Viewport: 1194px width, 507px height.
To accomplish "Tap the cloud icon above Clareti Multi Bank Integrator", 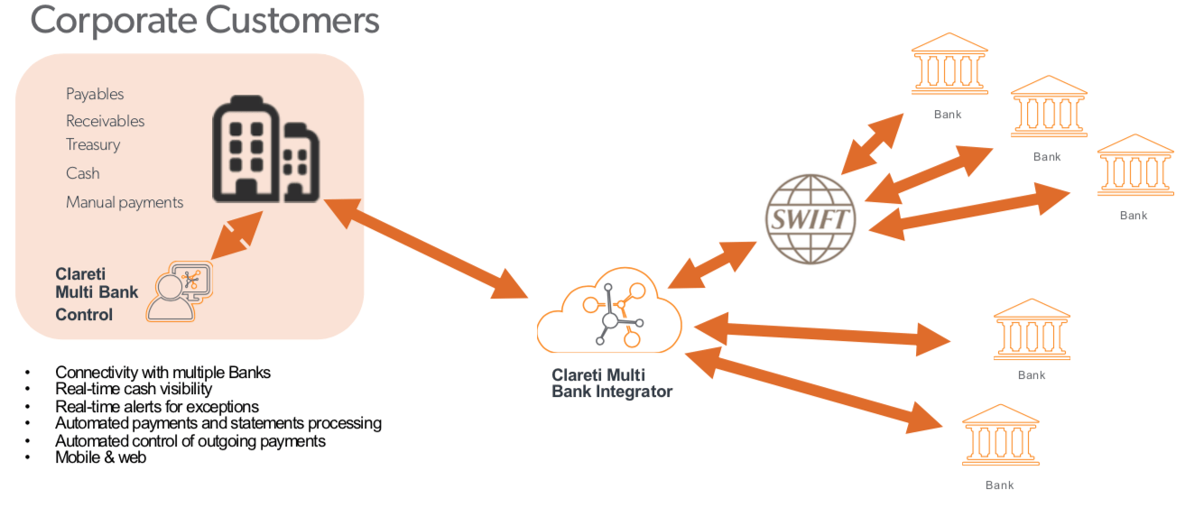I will point(610,311).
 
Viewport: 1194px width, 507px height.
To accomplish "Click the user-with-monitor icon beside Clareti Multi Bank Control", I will point(180,290).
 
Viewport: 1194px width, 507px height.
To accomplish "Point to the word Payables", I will point(95,94).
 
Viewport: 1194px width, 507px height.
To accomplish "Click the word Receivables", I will point(105,121).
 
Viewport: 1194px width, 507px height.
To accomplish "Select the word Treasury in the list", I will point(93,144).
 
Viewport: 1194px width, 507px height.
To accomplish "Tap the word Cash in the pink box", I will point(82,173).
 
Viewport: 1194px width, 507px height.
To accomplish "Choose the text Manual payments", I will point(125,202).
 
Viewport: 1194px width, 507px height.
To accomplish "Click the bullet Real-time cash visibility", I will point(134,389).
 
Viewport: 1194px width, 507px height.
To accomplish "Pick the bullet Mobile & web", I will point(100,457).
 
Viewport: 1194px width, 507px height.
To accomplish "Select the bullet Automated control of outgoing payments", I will point(190,440).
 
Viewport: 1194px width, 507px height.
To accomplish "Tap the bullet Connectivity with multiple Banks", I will point(162,372).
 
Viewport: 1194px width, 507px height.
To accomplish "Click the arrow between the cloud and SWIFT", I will point(712,264).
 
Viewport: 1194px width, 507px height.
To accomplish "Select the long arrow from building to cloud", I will point(424,248).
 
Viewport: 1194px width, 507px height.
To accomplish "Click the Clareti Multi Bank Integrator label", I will point(611,383).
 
